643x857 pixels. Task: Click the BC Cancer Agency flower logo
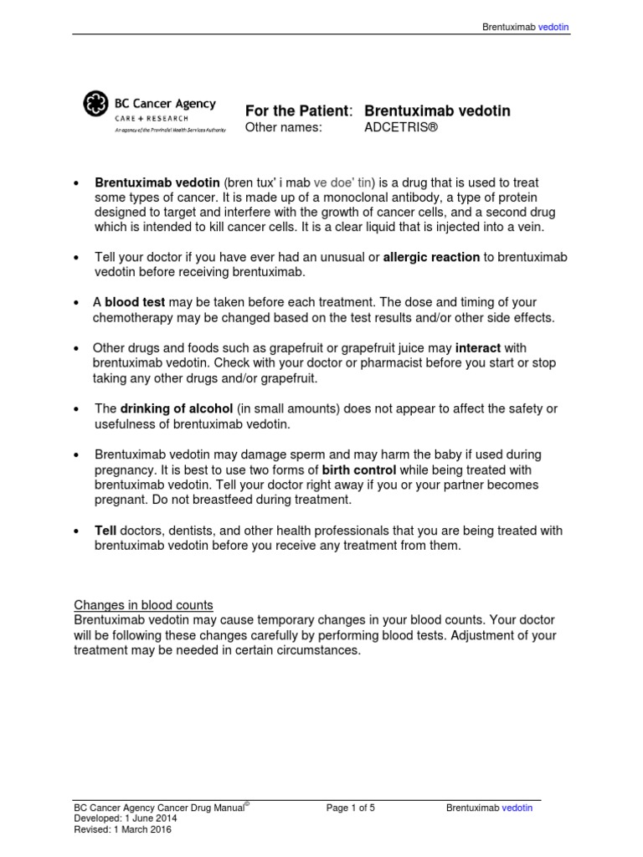[x=95, y=105]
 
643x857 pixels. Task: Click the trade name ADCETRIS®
[x=401, y=127]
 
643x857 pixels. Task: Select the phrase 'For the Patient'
[x=296, y=111]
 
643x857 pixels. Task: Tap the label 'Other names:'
[x=282, y=127]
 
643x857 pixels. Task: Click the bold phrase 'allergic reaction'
[x=431, y=257]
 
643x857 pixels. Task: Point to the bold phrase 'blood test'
[x=135, y=302]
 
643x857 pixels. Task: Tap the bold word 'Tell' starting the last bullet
[x=105, y=531]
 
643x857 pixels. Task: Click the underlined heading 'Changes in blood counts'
[x=143, y=605]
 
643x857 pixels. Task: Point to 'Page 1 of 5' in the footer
[x=351, y=808]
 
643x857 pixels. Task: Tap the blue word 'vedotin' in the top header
[x=553, y=27]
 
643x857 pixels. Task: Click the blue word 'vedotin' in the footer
[x=517, y=808]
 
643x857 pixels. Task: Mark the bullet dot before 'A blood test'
[x=77, y=303]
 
